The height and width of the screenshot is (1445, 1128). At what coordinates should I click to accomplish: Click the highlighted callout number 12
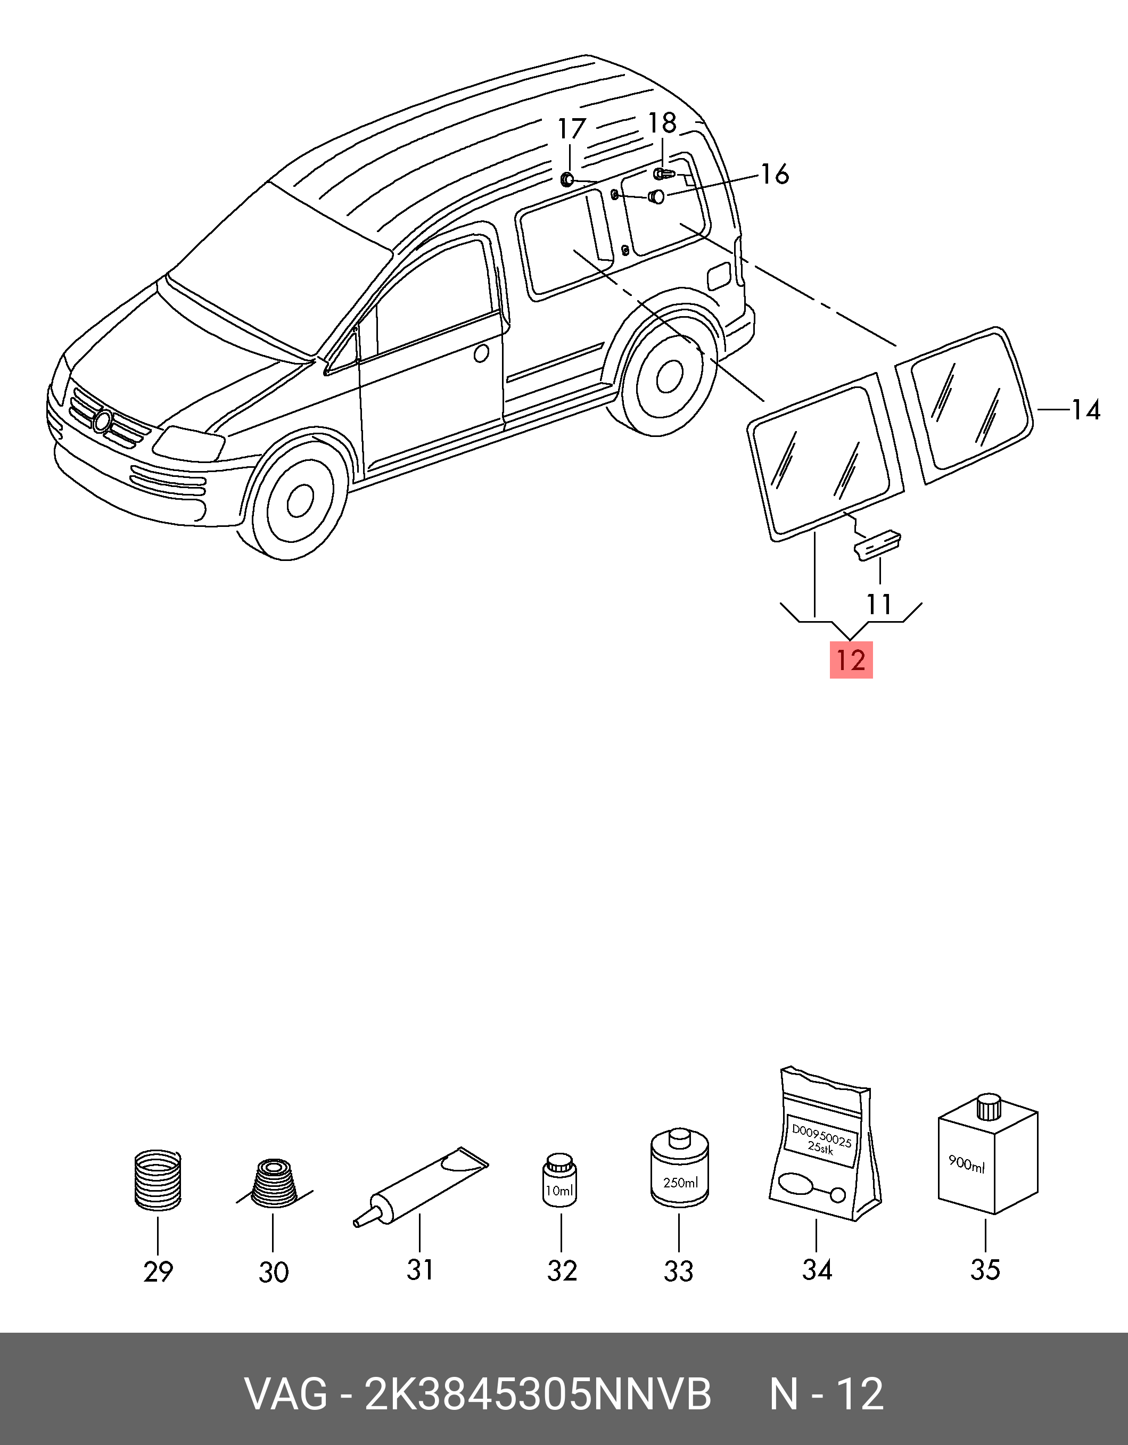(x=852, y=660)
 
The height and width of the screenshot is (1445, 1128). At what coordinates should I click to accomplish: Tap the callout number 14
(x=1085, y=410)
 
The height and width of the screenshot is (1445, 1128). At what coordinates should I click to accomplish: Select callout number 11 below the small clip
(x=879, y=604)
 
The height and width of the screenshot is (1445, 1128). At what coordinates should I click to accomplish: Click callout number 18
(x=662, y=123)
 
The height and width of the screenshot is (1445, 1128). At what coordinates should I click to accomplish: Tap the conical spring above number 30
(x=273, y=1184)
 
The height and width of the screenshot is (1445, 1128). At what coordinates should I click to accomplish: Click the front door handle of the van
(x=482, y=353)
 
